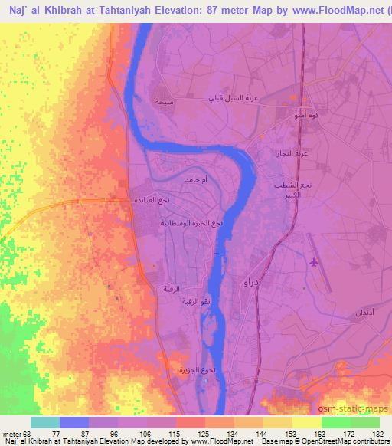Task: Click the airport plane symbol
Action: [x=314, y=263]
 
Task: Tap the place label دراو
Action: [x=250, y=284]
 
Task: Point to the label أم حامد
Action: [x=192, y=179]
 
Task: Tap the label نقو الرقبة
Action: [x=195, y=302]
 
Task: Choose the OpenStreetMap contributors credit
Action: [x=349, y=441]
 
